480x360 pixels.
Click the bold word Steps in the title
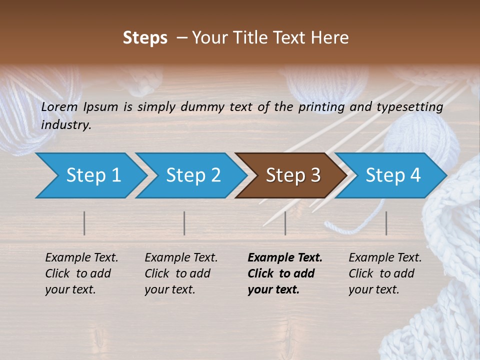point(145,38)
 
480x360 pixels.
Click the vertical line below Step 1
point(84,223)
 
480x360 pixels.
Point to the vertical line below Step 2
point(184,223)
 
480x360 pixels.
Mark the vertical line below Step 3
point(285,223)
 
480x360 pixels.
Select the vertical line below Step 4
point(386,223)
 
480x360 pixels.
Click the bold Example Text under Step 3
point(285,258)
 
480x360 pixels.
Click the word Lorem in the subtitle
point(59,107)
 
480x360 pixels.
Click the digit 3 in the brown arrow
point(315,175)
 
